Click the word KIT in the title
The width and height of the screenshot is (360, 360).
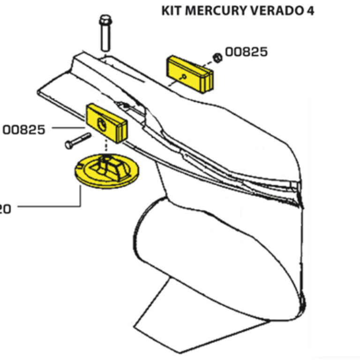[172, 11]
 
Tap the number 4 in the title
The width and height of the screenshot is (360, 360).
[309, 11]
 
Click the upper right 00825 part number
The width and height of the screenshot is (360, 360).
[247, 52]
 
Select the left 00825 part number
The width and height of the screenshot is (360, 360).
[24, 129]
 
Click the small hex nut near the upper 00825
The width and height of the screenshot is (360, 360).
[217, 58]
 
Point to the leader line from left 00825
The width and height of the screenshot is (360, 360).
[67, 127]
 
